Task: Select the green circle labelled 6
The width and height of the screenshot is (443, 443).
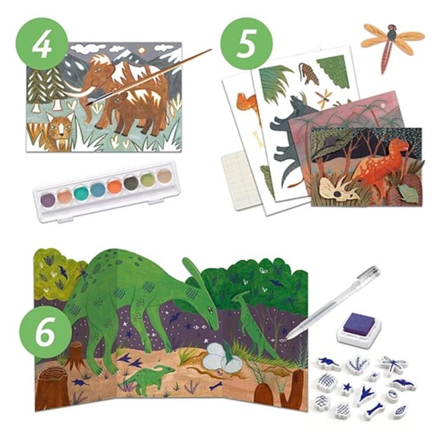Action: (x=46, y=331)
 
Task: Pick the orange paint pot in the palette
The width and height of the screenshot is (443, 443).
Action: (x=115, y=187)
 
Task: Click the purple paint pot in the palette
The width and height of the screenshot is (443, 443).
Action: (x=48, y=200)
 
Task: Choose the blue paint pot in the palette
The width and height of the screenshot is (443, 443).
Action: (x=98, y=189)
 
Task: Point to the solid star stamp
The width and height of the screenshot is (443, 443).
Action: (x=347, y=387)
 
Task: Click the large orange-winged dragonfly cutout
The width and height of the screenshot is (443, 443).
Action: (x=392, y=46)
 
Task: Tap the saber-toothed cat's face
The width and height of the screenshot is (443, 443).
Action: (x=59, y=128)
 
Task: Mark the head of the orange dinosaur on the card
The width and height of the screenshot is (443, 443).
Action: (x=398, y=146)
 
